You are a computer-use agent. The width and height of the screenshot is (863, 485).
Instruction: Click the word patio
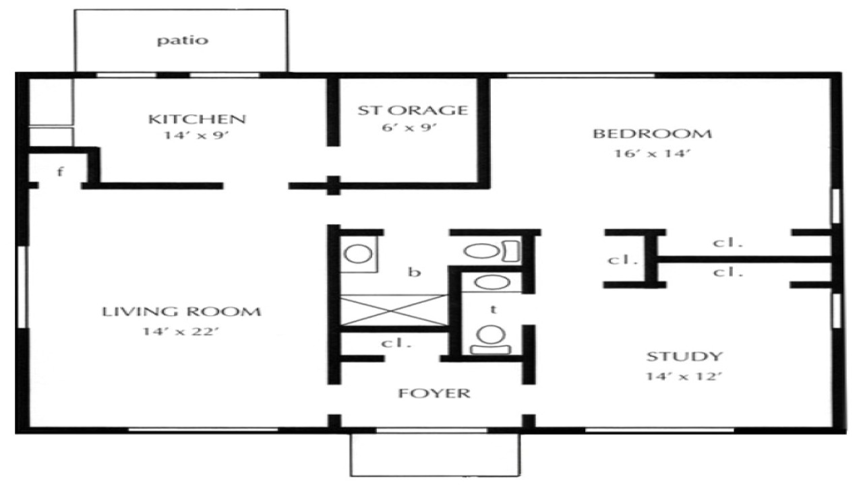(x=182, y=40)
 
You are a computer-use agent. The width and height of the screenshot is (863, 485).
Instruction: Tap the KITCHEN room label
(x=197, y=120)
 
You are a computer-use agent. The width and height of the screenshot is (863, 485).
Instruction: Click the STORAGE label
(x=412, y=110)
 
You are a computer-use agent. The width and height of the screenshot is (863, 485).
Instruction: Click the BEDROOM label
(x=651, y=133)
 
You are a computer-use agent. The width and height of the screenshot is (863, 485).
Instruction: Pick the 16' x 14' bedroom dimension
(x=651, y=153)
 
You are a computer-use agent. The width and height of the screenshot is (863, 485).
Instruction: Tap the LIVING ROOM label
(x=181, y=312)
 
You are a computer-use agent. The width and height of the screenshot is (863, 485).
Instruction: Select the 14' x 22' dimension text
(x=181, y=331)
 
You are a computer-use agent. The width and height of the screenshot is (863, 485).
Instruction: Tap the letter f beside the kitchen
(x=60, y=171)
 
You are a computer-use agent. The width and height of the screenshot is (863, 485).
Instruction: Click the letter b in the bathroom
(x=415, y=272)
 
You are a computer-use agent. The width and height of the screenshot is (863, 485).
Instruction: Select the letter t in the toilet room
(x=494, y=309)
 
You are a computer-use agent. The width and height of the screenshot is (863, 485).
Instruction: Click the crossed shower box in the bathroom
(x=394, y=311)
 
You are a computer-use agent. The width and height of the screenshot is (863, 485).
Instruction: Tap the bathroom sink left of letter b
(x=357, y=254)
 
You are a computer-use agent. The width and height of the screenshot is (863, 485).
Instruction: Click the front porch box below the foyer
(x=434, y=454)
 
